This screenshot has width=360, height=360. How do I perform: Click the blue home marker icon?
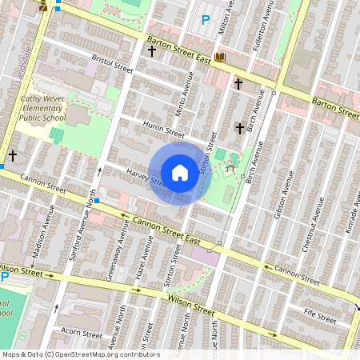point(180,173)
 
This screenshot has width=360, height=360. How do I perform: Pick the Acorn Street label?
point(82,334)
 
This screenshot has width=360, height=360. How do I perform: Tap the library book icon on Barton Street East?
point(220,57)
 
